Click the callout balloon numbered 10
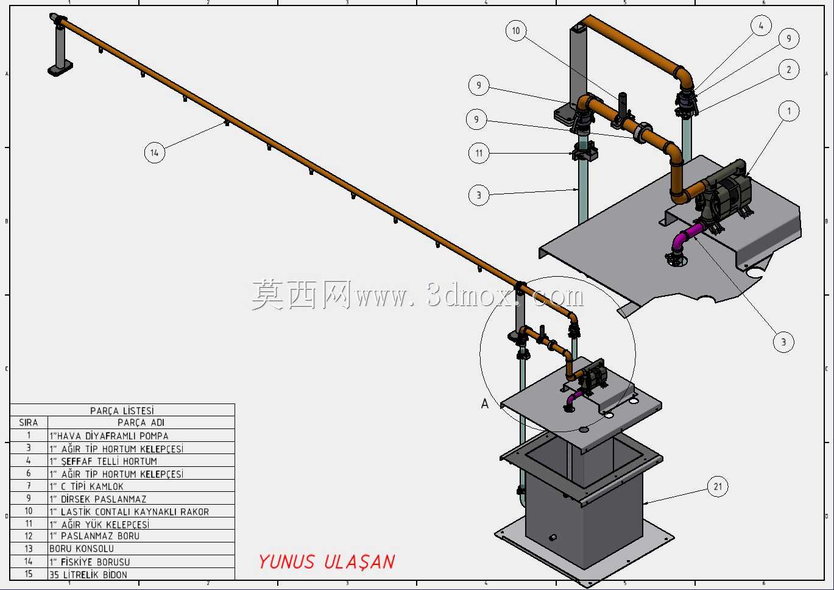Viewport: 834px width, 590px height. tap(515, 30)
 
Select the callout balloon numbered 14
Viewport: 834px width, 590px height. tap(155, 152)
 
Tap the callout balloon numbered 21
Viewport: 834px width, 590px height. tap(718, 486)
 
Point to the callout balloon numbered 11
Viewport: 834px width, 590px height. tap(479, 153)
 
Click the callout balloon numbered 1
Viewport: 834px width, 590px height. tap(788, 111)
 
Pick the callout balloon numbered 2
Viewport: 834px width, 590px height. tap(788, 69)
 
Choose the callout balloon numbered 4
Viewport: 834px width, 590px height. tap(761, 26)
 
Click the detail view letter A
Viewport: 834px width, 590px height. tap(484, 403)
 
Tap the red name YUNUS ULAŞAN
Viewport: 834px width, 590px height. tap(327, 562)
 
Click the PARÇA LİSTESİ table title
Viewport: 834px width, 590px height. tap(122, 410)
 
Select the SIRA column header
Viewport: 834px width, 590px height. tap(28, 422)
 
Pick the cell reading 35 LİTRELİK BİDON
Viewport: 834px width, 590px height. tap(88, 574)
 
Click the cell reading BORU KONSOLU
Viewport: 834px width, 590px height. tap(82, 549)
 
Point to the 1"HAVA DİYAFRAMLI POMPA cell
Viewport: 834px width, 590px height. tap(108, 435)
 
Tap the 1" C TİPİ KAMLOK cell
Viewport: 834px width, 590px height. tap(87, 486)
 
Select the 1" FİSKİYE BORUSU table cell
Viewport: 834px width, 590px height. tap(90, 562)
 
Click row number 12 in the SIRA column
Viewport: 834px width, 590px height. tap(28, 536)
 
